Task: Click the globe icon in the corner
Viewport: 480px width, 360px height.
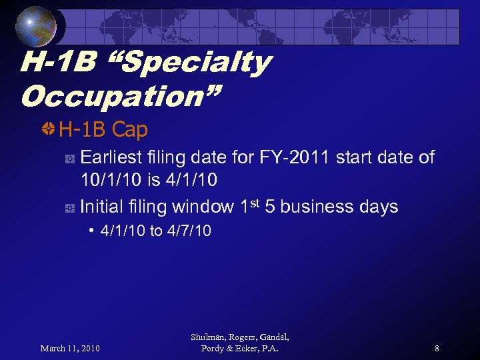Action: (x=37, y=27)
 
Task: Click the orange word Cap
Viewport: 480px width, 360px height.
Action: (x=130, y=129)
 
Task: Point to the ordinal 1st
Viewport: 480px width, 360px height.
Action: (x=250, y=205)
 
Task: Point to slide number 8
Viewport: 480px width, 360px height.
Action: (x=437, y=349)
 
